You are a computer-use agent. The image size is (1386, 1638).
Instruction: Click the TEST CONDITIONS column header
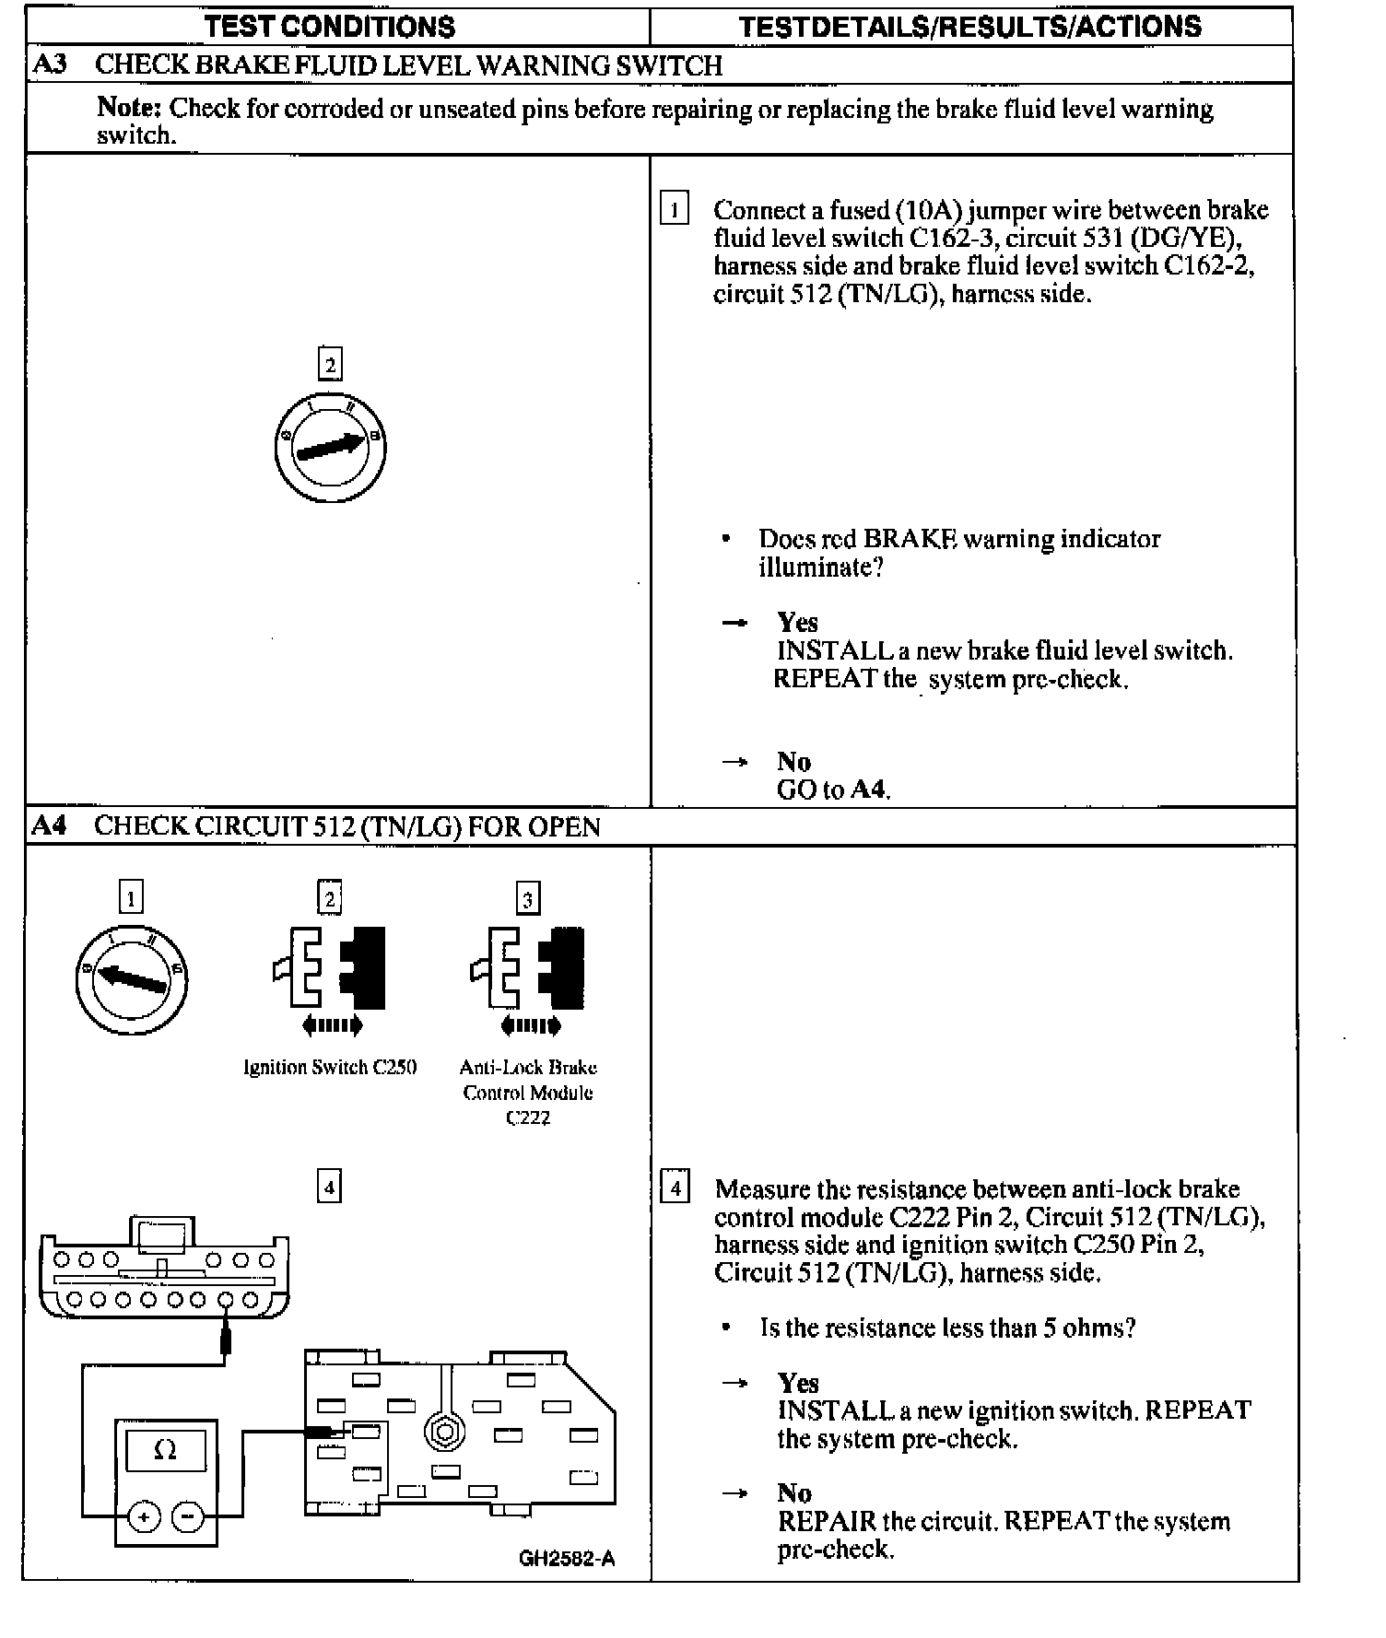(330, 27)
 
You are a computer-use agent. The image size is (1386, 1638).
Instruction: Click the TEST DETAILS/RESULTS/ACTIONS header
(970, 27)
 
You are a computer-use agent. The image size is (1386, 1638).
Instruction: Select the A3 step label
(50, 65)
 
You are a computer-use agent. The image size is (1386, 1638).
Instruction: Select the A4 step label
(49, 825)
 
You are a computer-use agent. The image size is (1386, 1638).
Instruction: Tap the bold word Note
(129, 108)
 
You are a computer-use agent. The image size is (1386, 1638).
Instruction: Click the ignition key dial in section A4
(131, 978)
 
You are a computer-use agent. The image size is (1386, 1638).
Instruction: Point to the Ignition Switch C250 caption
(330, 1068)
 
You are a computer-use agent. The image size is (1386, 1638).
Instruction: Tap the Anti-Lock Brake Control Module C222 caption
(528, 1093)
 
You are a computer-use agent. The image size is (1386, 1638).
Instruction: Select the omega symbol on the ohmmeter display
(165, 1450)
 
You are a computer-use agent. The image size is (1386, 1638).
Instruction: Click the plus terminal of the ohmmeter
(144, 1515)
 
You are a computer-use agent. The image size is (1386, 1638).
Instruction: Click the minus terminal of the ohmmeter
(188, 1515)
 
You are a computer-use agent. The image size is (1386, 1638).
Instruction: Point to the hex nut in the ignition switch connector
(445, 1433)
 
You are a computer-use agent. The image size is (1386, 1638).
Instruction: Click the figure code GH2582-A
(567, 1559)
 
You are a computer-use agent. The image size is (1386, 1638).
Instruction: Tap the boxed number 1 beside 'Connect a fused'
(674, 210)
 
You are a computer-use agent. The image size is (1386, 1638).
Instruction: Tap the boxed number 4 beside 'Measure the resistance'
(675, 1188)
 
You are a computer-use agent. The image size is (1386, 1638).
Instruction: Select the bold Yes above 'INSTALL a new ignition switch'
(798, 1383)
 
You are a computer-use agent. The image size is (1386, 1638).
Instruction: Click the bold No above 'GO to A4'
(793, 762)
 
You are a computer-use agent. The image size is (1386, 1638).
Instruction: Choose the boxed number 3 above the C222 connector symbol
(527, 898)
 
